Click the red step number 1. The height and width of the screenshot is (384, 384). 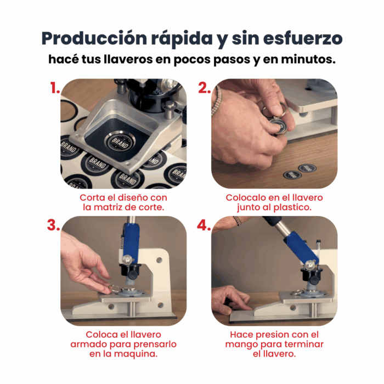pyautogui.click(x=54, y=88)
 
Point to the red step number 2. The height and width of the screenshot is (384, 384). pyautogui.click(x=204, y=88)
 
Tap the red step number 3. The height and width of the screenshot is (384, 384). pyautogui.click(x=53, y=225)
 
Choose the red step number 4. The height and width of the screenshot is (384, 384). pyautogui.click(x=204, y=225)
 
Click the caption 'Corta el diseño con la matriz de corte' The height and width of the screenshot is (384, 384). pyautogui.click(x=123, y=202)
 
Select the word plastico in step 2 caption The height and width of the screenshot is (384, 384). pyautogui.click(x=292, y=208)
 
